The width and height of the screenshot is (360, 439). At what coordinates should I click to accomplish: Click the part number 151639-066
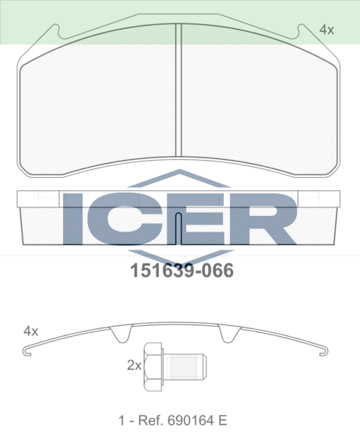pos(182,271)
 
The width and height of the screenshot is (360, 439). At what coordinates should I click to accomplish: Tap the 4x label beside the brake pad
pos(326,30)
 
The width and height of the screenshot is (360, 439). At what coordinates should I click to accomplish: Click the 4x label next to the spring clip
pos(30,331)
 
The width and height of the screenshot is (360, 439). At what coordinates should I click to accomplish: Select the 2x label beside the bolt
pos(134,365)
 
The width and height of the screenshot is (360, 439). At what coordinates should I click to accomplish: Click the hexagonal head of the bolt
pos(153,366)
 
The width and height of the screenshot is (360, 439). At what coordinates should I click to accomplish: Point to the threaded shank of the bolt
pos(185,366)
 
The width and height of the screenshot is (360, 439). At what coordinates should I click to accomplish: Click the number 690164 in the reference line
pos(192,420)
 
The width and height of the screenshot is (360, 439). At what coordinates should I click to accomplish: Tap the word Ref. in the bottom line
pos(150,420)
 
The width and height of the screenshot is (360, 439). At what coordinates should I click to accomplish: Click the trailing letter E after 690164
pos(223,420)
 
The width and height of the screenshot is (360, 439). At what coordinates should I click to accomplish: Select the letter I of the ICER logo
pos(72,218)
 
